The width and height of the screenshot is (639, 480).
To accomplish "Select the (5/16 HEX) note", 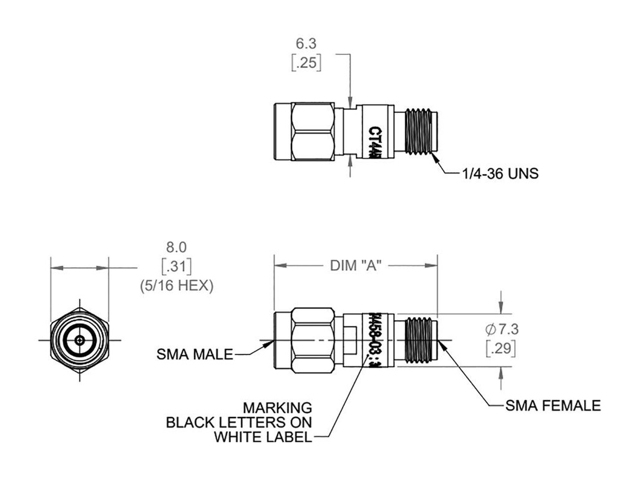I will [x=176, y=285].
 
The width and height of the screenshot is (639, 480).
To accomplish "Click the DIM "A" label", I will [x=356, y=265].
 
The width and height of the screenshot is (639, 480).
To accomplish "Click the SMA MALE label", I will [x=195, y=355].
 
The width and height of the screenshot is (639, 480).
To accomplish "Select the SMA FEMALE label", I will [x=554, y=406].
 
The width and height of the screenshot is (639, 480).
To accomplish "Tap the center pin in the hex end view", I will [x=80, y=340].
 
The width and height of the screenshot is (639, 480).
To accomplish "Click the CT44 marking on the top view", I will [x=374, y=141].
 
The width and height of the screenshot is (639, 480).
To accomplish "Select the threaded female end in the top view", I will [x=419, y=132].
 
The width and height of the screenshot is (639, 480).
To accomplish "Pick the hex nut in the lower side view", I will [x=313, y=340].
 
